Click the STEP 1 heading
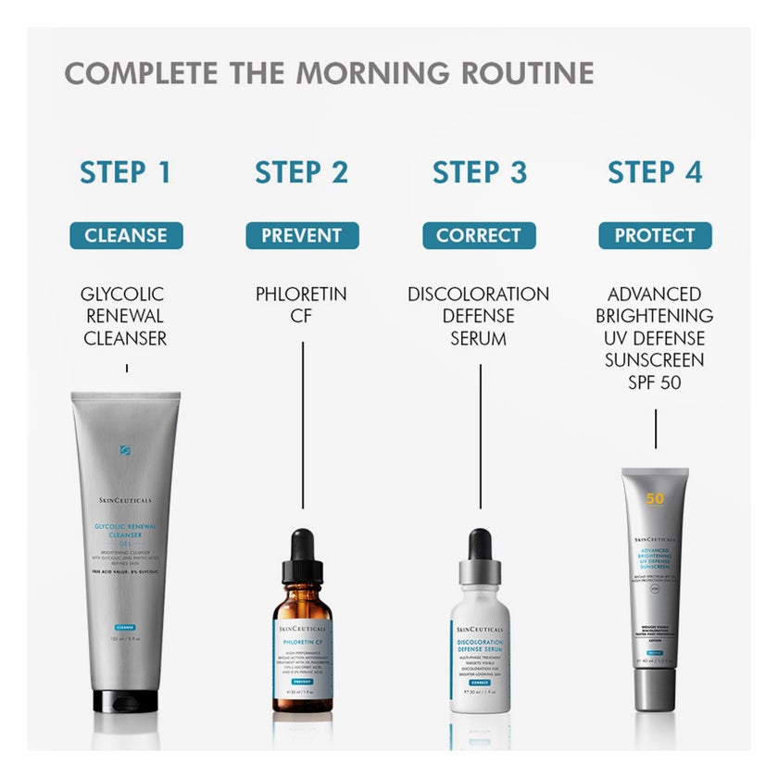125,172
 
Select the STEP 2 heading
302,172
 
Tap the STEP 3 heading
480,172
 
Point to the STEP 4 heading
655,172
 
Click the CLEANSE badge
125,235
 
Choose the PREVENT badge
302,235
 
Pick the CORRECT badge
479,235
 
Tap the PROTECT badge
655,235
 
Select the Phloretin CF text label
302,306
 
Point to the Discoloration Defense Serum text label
479,317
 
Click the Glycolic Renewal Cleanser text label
125,317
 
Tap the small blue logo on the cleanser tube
125,451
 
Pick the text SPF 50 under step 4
655,382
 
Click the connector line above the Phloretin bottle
303,426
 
